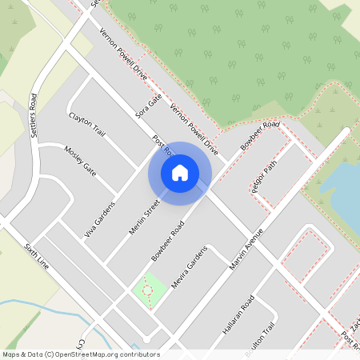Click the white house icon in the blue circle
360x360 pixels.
click(x=180, y=172)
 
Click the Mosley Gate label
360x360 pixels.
click(x=80, y=161)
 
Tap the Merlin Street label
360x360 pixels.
click(x=145, y=217)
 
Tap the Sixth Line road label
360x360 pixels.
click(x=37, y=255)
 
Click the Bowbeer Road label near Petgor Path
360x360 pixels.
click(x=259, y=137)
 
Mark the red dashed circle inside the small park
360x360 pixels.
click(x=146, y=289)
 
